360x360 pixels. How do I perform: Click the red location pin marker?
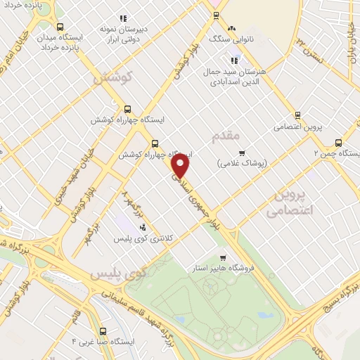[181, 166]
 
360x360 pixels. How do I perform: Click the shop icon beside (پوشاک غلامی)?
[242, 153]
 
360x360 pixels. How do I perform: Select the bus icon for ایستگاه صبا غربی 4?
[103, 330]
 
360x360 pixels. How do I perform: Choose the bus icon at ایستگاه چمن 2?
[339, 142]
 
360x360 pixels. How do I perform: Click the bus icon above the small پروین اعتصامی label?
[297, 115]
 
